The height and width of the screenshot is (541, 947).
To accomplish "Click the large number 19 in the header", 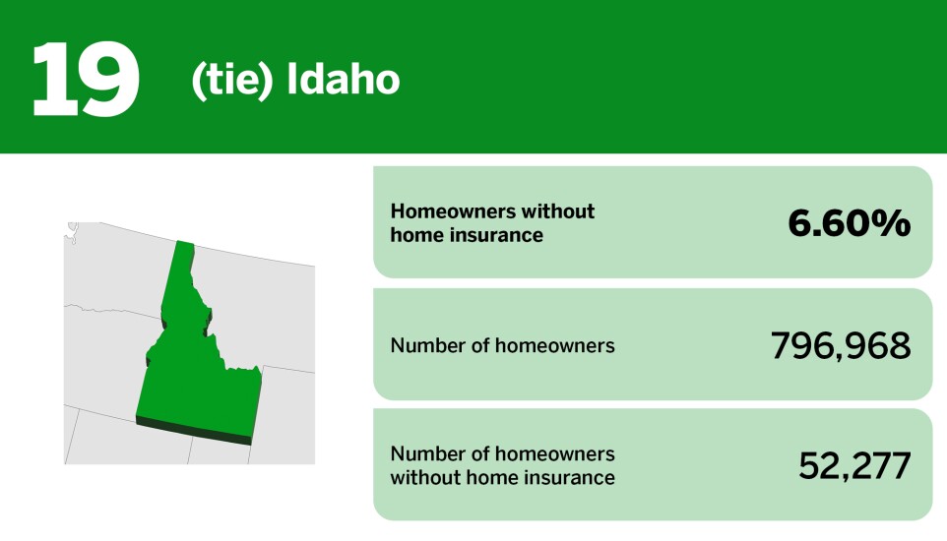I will pyautogui.click(x=85, y=79).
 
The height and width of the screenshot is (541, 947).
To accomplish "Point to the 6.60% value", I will pyautogui.click(x=849, y=223).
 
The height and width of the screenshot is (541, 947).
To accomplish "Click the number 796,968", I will pyautogui.click(x=841, y=345).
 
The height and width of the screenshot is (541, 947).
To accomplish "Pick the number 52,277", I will pyautogui.click(x=854, y=466).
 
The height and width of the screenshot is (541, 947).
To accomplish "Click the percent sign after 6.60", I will pyautogui.click(x=893, y=223).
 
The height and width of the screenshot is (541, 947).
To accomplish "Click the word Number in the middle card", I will pyautogui.click(x=424, y=345).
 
